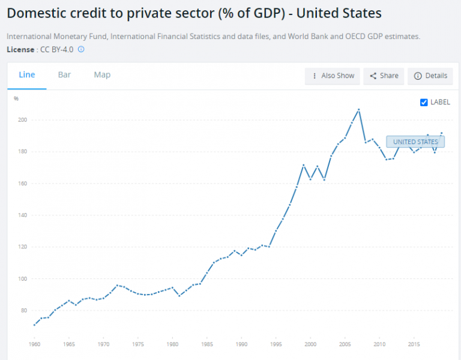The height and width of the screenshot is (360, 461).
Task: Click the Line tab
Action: click(27, 75)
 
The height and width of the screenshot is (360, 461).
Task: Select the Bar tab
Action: click(64, 75)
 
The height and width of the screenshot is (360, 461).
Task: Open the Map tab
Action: click(102, 75)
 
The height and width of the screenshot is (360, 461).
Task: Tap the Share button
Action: click(384, 76)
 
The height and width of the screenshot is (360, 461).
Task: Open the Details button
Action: click(430, 76)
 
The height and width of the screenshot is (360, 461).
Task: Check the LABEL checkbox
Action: click(424, 102)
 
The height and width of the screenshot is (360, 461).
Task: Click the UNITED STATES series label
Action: click(415, 142)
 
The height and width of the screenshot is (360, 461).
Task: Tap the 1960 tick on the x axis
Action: click(34, 344)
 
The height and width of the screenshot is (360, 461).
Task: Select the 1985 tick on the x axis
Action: click(208, 344)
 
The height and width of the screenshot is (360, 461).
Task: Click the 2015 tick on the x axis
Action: click(414, 344)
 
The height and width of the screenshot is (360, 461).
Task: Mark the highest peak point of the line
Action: click(358, 110)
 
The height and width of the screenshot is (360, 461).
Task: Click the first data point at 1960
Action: click(34, 325)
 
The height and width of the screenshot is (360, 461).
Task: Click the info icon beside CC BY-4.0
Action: click(81, 49)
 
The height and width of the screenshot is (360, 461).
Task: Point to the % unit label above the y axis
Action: click(16, 98)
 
